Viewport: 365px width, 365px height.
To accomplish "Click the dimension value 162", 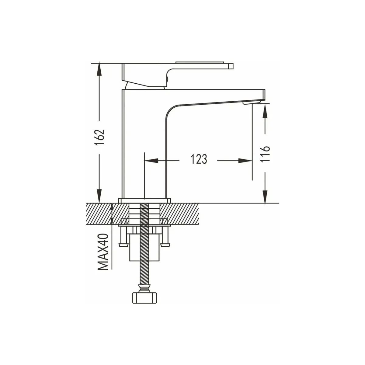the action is click(100, 137).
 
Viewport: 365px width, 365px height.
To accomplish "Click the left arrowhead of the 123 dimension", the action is click(151, 161).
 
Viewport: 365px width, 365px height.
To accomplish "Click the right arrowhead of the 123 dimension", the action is click(245, 161).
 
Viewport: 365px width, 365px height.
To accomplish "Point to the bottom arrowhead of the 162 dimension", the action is click(99, 196).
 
